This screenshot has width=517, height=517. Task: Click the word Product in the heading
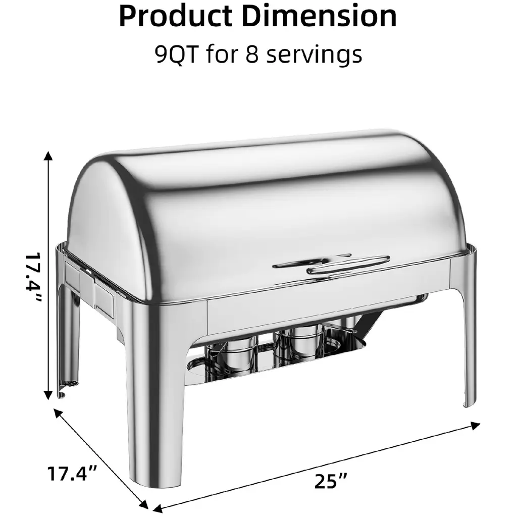click(176, 16)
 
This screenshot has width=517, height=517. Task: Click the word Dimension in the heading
click(319, 16)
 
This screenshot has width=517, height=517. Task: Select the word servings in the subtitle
click(314, 55)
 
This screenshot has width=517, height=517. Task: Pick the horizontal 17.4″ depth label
click(72, 473)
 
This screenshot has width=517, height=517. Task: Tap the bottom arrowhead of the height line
click(48, 395)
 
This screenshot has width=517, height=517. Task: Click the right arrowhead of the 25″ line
click(475, 425)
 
